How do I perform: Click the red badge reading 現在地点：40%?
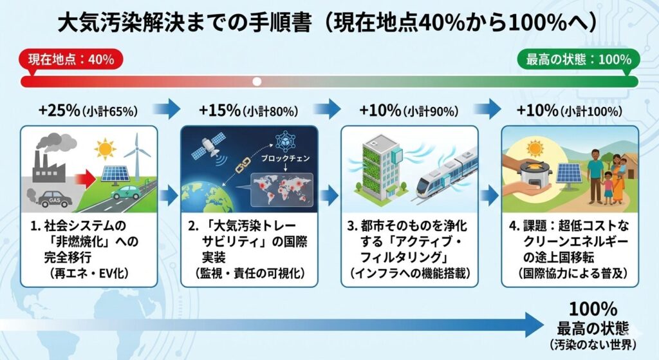[x=71, y=59]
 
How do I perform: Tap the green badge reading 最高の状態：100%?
[x=579, y=59]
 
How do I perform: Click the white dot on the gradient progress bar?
[x=257, y=82]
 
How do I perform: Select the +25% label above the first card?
[x=59, y=111]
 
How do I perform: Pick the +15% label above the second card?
[x=219, y=111]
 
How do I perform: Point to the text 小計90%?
[x=431, y=111]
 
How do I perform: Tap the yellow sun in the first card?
[x=105, y=149]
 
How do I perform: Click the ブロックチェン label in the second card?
[x=285, y=159]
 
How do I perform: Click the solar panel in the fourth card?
[x=569, y=173]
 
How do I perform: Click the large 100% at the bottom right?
[x=593, y=310]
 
